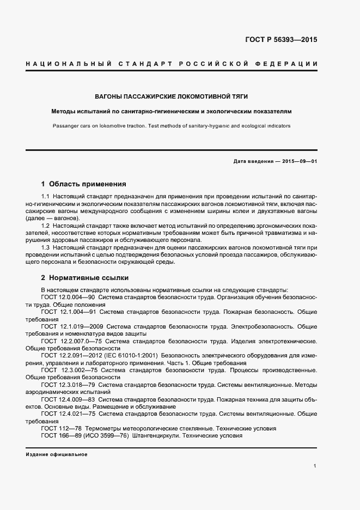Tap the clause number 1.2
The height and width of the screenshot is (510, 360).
coord(46,226)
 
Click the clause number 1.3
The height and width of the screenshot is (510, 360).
coord(46,247)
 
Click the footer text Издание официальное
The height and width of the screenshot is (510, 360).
coord(56,454)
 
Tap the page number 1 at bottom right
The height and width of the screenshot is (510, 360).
coord(315,466)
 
